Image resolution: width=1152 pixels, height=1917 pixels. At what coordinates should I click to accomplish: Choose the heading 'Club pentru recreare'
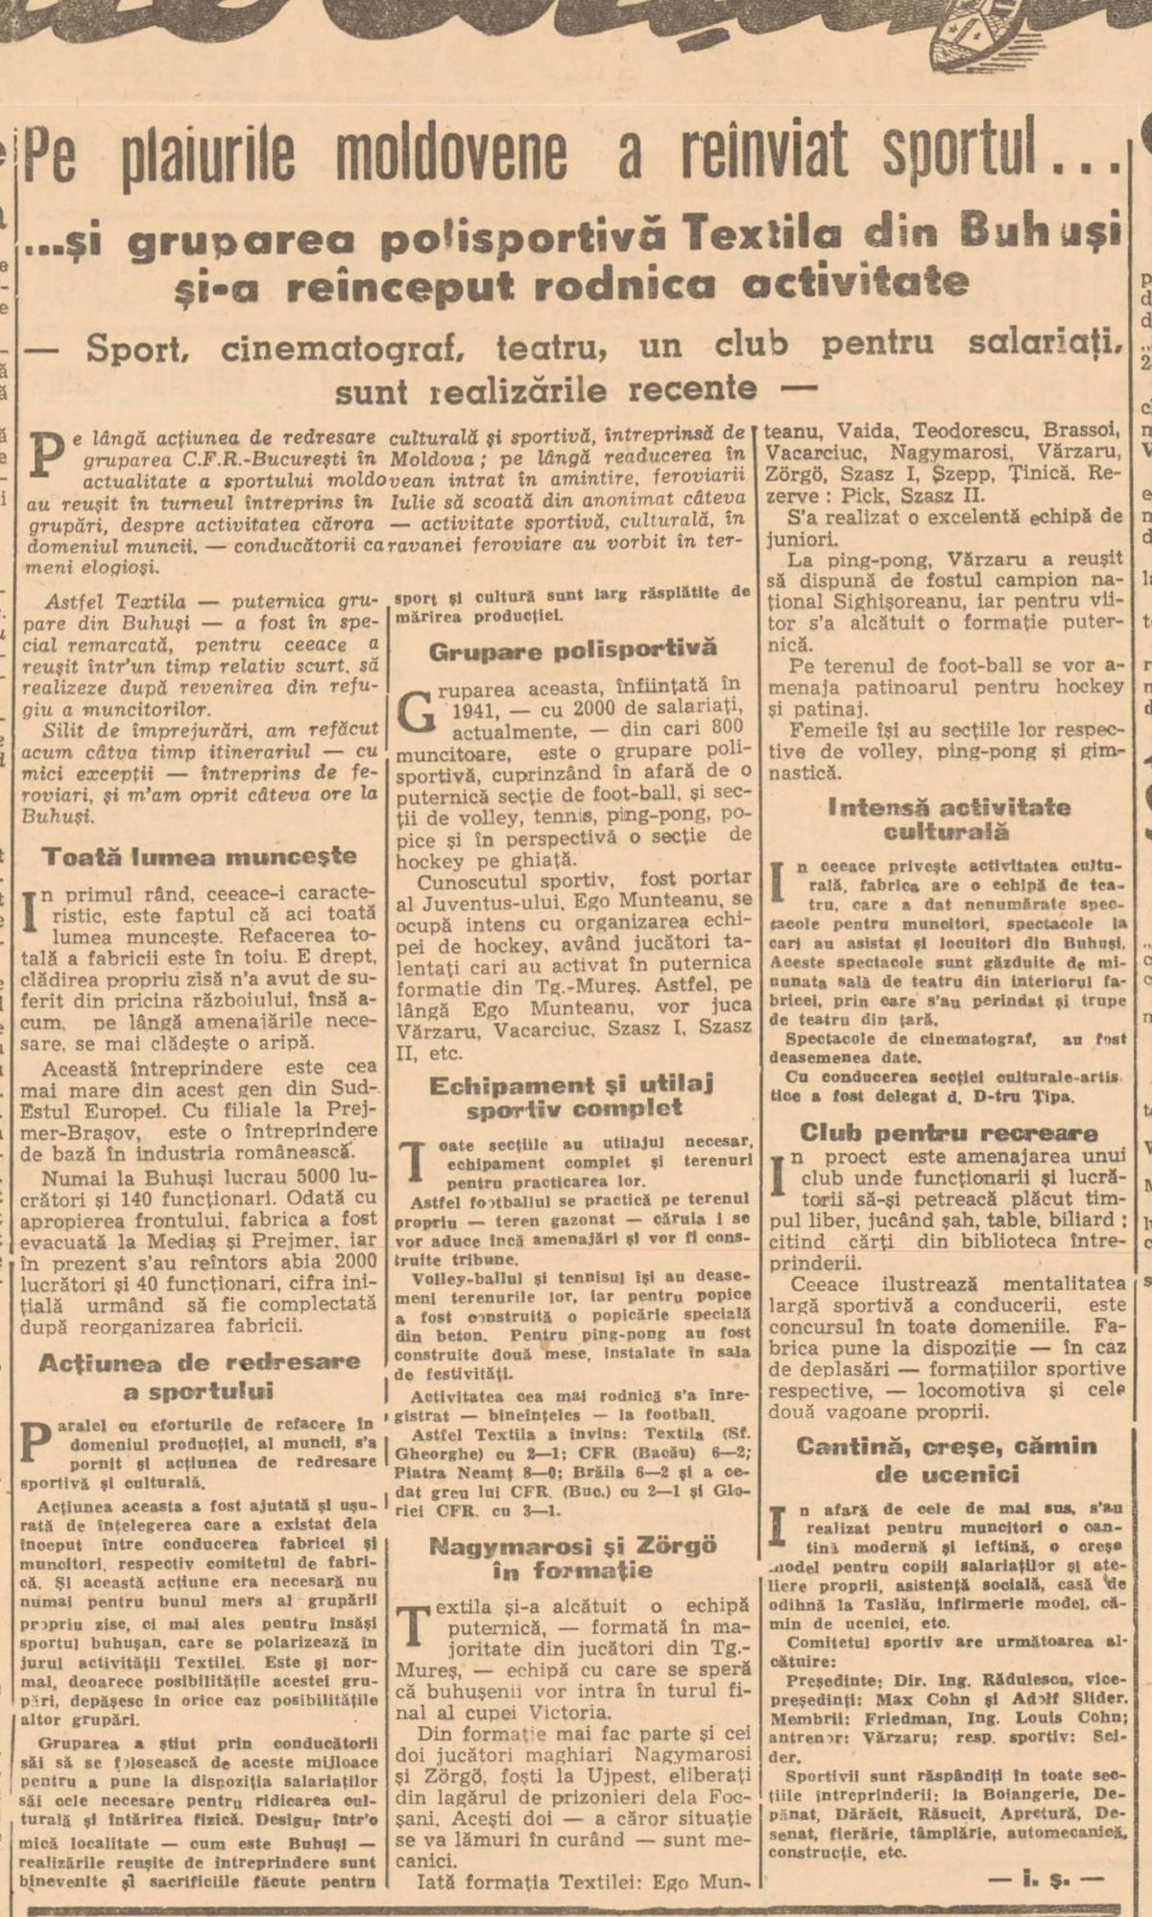(948, 1132)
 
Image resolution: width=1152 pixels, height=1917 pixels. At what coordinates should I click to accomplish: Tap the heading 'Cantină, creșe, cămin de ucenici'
(946, 1460)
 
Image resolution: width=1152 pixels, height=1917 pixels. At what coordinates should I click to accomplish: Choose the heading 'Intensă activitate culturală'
(948, 819)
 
